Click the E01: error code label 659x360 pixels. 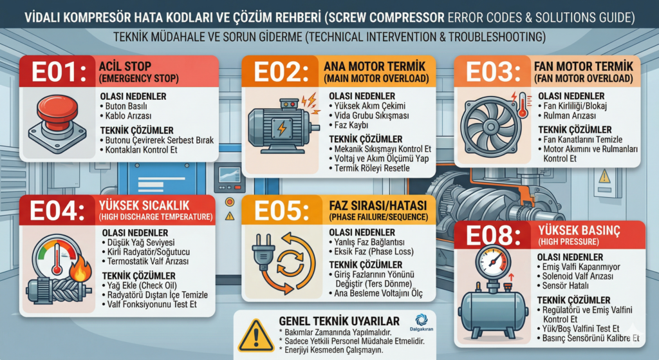click(x=59, y=71)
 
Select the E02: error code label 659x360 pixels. click(x=281, y=71)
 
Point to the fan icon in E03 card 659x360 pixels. click(x=490, y=126)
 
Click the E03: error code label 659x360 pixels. click(x=492, y=71)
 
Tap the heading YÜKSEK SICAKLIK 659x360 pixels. click(x=144, y=205)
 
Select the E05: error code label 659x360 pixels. click(x=281, y=211)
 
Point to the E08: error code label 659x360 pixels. click(x=493, y=236)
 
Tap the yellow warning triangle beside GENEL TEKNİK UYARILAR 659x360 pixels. click(x=256, y=336)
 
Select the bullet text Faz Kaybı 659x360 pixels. click(x=351, y=126)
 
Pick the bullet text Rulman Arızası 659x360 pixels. click(x=570, y=116)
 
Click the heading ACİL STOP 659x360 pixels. click(x=125, y=66)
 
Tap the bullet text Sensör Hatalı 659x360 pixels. click(x=565, y=286)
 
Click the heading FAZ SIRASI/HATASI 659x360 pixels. click(x=378, y=205)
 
